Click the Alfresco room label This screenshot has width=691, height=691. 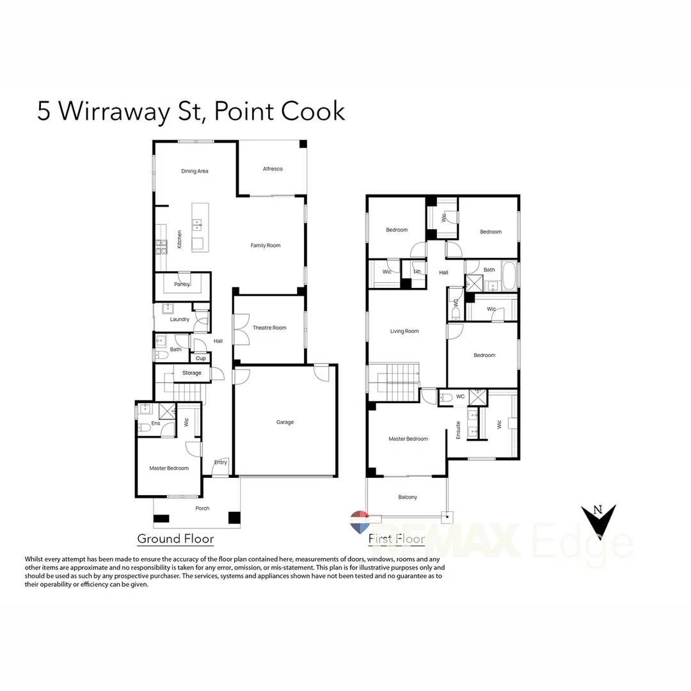point(273,169)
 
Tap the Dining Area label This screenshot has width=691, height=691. point(195,171)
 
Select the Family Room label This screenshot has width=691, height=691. point(265,246)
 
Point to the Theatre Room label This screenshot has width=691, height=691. point(269,328)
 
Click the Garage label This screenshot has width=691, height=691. point(285,422)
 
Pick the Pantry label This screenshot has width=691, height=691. point(182,284)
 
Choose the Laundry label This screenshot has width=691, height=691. point(180,319)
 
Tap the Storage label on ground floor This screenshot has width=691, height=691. point(191,373)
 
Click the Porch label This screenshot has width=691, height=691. point(202,509)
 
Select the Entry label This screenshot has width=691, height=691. point(221,463)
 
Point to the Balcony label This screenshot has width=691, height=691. point(408,497)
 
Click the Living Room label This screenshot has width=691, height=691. point(404,331)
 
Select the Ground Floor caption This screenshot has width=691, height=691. point(175,539)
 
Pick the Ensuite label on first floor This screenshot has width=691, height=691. point(458,428)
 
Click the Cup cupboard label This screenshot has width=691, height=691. point(201,358)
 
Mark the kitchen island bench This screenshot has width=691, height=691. point(198,226)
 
